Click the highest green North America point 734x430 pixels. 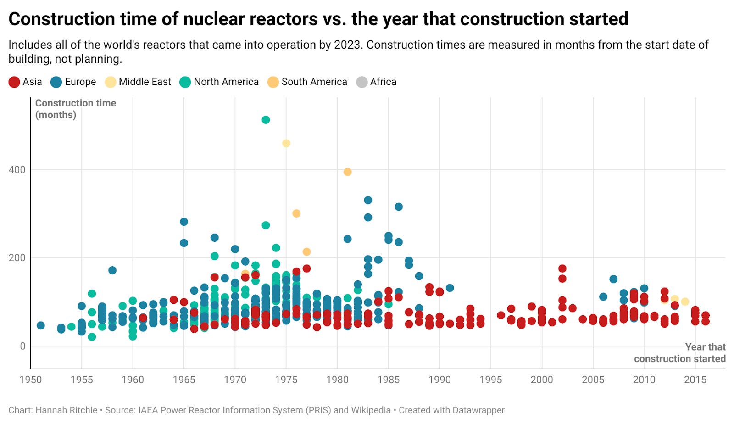click(x=266, y=120)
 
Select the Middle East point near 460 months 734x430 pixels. click(x=286, y=143)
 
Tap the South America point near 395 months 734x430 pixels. click(x=348, y=172)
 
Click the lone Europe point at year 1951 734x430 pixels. click(x=41, y=325)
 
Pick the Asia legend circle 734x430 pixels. click(x=14, y=82)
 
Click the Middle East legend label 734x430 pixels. click(x=145, y=82)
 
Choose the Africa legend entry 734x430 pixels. click(x=383, y=82)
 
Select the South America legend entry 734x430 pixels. click(x=314, y=82)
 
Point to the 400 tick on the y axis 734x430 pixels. click(x=17, y=170)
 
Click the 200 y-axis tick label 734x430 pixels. click(x=17, y=258)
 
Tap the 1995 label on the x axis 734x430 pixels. click(x=490, y=380)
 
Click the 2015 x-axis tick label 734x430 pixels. click(x=695, y=380)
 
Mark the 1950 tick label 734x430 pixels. click(x=31, y=380)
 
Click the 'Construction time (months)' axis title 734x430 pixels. click(x=75, y=109)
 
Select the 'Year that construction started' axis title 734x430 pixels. click(x=680, y=353)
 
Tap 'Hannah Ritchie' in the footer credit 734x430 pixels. click(x=66, y=410)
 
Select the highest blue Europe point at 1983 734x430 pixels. click(x=368, y=200)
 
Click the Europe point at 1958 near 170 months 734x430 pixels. click(x=112, y=270)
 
